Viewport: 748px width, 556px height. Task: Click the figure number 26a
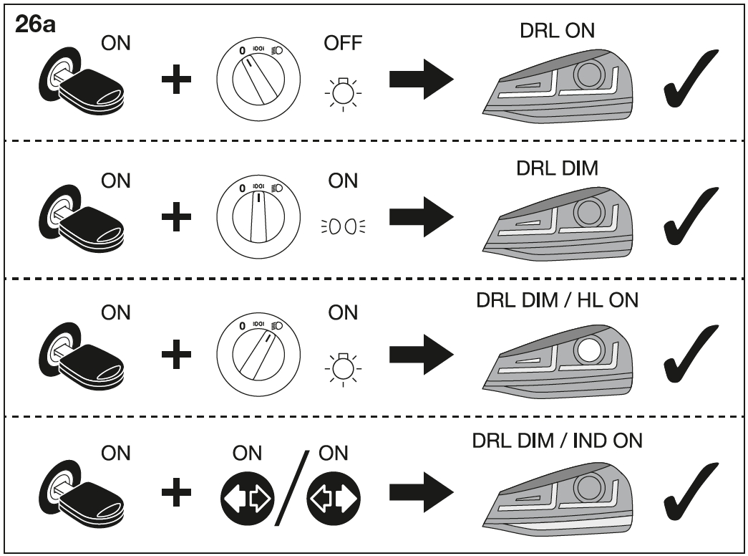click(35, 24)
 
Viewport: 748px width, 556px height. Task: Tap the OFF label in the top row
click(343, 43)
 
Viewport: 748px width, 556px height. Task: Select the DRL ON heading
click(557, 31)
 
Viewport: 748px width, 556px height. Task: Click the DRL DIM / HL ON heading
click(557, 300)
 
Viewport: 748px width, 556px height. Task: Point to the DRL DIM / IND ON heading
click(557, 441)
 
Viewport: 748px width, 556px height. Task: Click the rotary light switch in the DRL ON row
click(258, 79)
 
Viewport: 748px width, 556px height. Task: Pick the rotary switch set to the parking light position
click(258, 217)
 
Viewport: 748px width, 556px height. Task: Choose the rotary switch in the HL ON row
click(258, 355)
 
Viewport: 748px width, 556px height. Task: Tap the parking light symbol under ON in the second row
click(343, 226)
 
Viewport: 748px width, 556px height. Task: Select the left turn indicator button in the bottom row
click(334, 498)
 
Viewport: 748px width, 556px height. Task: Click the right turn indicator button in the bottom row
click(248, 498)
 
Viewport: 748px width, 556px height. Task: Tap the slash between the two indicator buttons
click(291, 488)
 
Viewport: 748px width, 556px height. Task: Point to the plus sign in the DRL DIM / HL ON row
click(177, 355)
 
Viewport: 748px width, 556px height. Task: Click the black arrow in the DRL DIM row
click(421, 217)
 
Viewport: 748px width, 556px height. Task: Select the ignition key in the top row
click(81, 81)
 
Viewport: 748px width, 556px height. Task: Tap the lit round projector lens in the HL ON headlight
click(589, 349)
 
